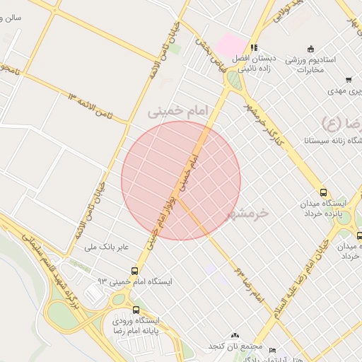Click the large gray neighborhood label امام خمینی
(x=180, y=111)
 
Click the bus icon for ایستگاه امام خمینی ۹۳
(x=134, y=271)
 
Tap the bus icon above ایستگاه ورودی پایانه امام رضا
(x=136, y=310)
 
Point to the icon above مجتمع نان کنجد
(x=235, y=336)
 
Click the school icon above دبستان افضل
(x=254, y=48)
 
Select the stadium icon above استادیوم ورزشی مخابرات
(x=290, y=60)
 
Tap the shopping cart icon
(x=349, y=81)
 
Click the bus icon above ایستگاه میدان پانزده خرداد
(x=323, y=192)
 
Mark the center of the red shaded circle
(x=181, y=180)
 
